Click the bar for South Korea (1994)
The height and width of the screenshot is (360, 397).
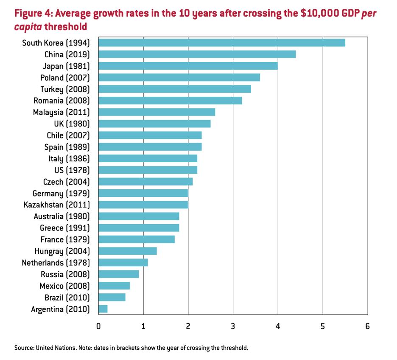coord(221,43)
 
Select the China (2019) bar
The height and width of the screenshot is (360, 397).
coord(197,54)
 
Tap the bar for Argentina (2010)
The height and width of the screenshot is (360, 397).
coord(103,309)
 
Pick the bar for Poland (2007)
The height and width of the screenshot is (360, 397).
coord(179,77)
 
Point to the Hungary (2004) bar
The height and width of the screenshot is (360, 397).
coord(128,251)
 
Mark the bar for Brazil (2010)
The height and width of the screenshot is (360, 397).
coord(112,297)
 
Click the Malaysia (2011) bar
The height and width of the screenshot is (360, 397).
coord(157,112)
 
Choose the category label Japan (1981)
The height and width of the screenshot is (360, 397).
coord(66,66)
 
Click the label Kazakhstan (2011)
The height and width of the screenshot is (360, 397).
coord(57,205)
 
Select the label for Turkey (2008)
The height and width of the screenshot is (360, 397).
coord(65,89)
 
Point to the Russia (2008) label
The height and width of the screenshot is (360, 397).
coord(65,274)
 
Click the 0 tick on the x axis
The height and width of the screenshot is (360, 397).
coord(98,326)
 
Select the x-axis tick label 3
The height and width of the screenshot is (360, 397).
coord(233,326)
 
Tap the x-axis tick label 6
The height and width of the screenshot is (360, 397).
coord(367,326)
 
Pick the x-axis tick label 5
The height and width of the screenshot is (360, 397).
coord(323,326)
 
